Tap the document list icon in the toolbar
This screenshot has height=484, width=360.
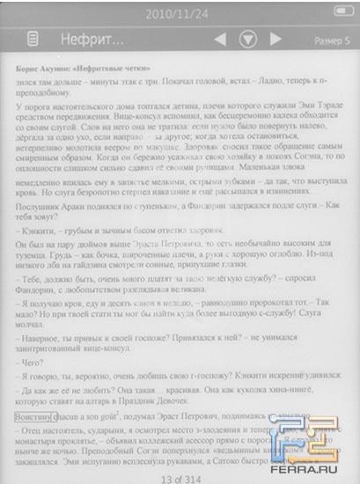33,40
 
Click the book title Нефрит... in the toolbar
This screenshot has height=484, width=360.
91,40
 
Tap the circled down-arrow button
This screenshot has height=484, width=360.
248,40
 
